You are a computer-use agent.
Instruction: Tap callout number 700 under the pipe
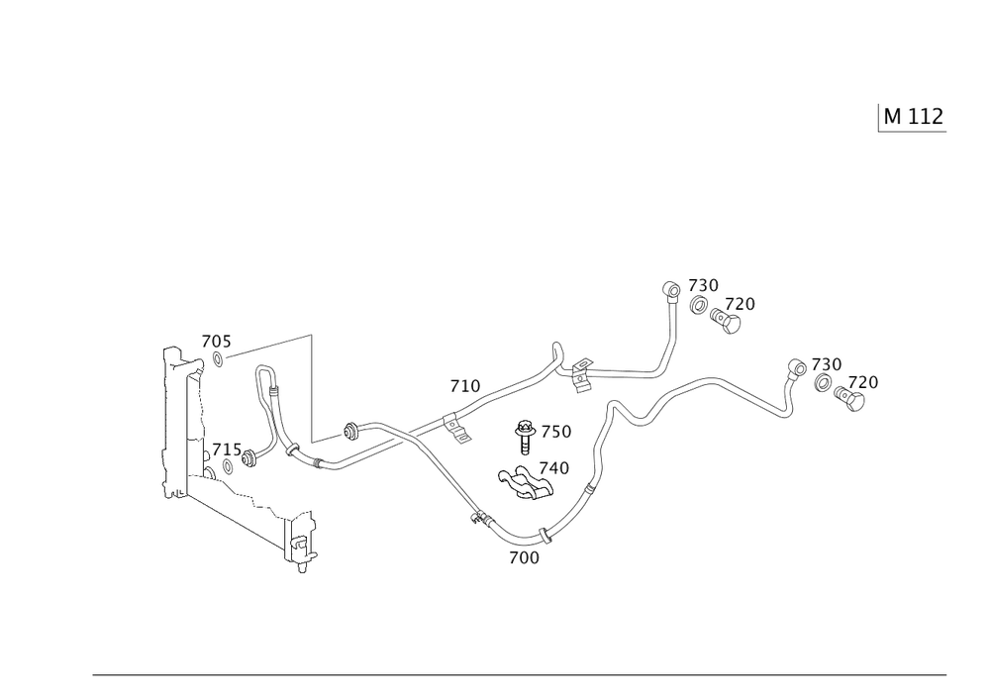(524, 557)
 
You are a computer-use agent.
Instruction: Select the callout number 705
(217, 343)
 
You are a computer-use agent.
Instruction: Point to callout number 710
(465, 385)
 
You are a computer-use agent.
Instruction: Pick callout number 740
(554, 468)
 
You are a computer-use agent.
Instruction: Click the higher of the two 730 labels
(705, 285)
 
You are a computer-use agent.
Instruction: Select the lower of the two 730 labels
(827, 365)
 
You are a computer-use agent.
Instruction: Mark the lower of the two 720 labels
(862, 382)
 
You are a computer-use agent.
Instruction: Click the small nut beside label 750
(527, 431)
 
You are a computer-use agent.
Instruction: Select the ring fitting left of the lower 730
(795, 368)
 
